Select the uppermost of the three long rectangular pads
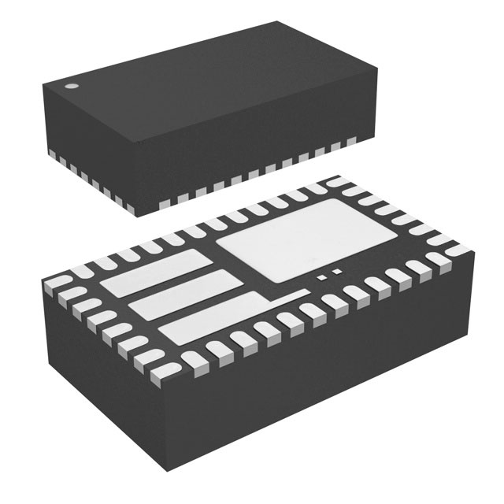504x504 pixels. pyautogui.click(x=158, y=269)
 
